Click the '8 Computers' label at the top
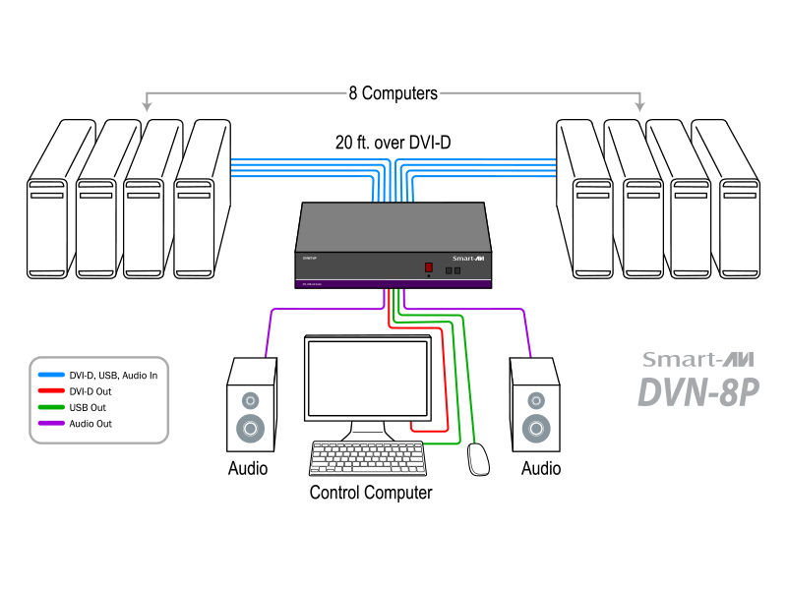point(393,93)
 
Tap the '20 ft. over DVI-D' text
point(393,143)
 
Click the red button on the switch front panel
point(429,267)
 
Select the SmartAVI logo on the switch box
point(469,257)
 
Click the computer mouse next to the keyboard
point(478,458)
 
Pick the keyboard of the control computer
point(368,459)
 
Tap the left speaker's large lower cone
point(250,429)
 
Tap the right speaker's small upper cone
point(536,400)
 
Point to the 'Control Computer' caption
point(371,493)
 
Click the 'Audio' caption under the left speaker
point(248,468)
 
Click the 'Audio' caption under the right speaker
point(541,468)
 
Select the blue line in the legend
point(51,375)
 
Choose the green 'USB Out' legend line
point(51,407)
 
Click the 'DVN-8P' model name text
point(699,391)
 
